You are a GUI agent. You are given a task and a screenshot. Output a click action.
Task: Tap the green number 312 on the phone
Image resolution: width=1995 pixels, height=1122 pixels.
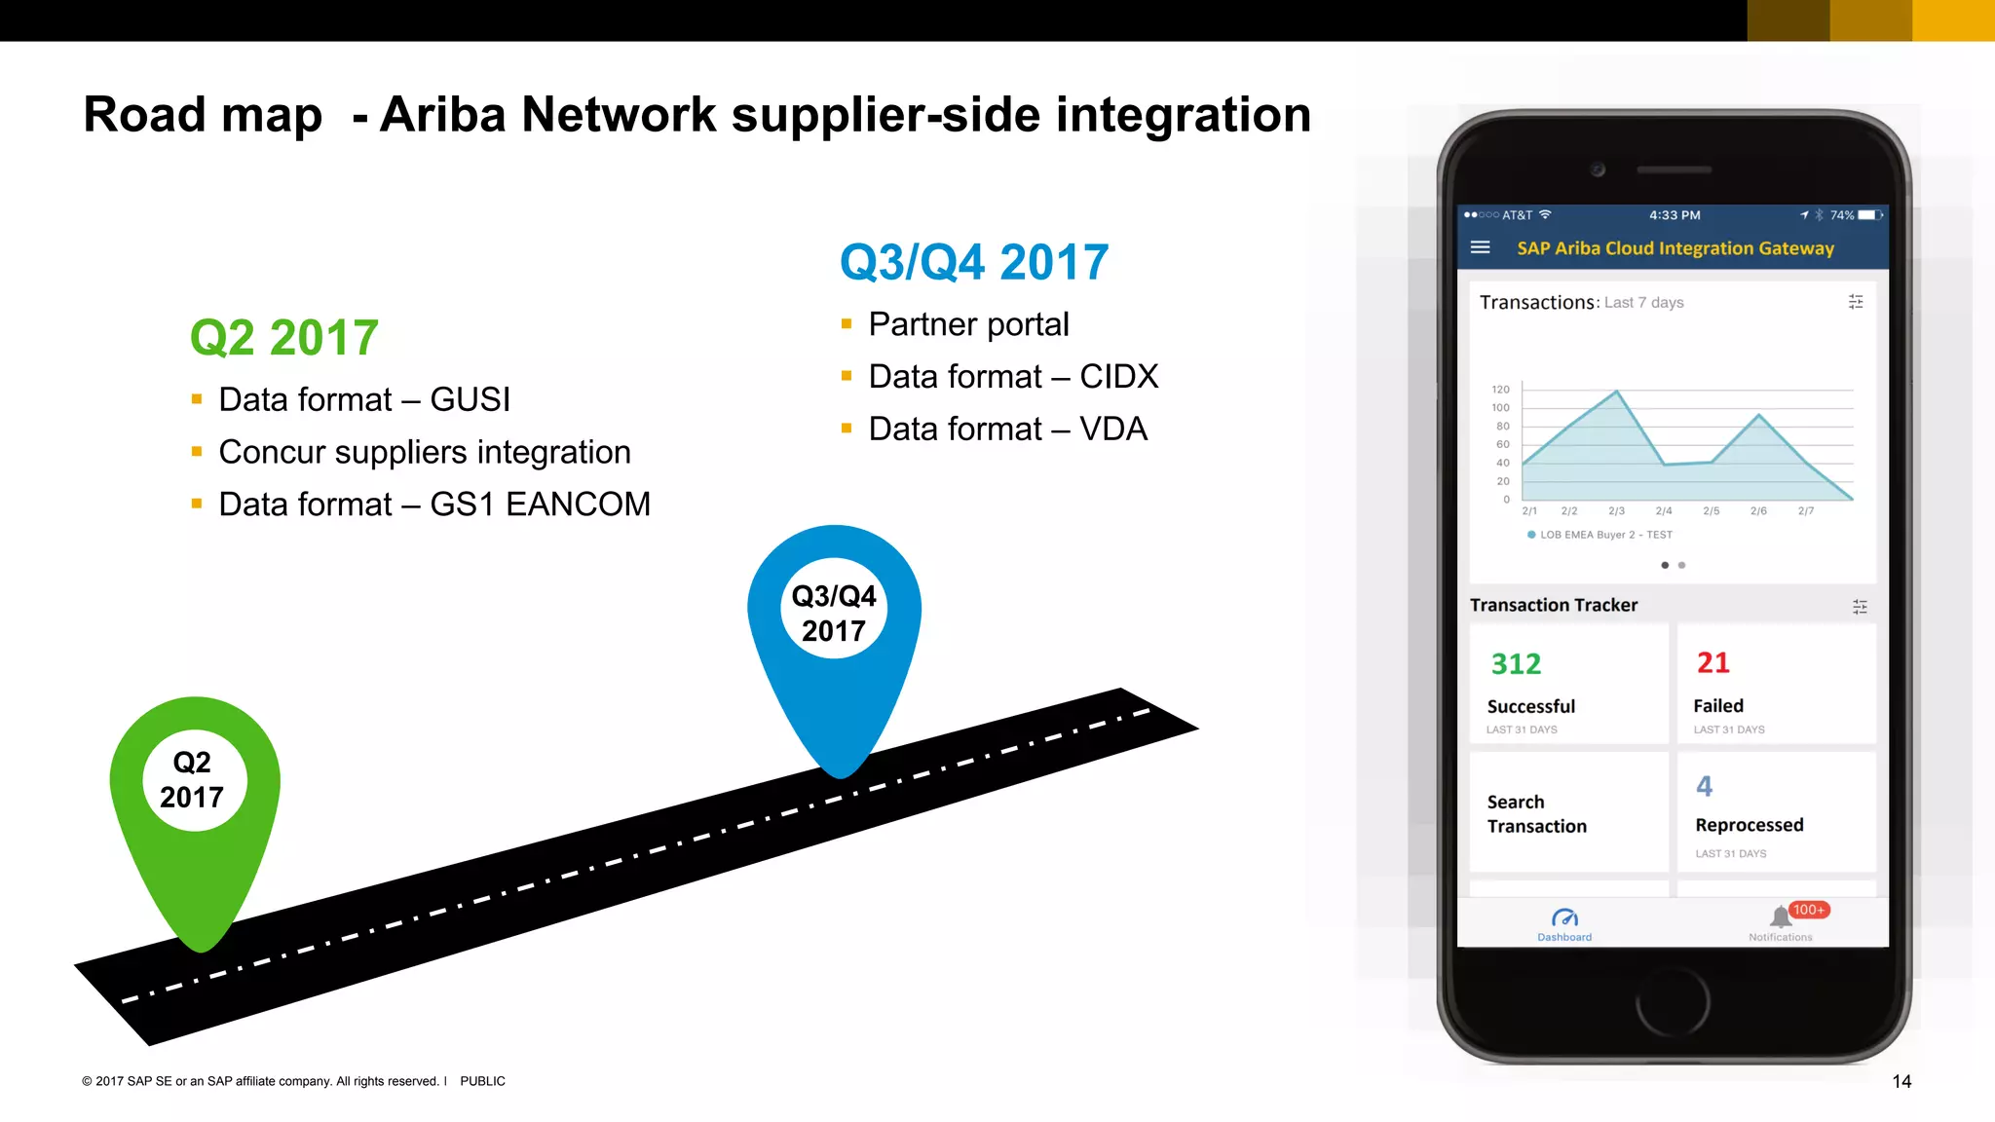(1516, 664)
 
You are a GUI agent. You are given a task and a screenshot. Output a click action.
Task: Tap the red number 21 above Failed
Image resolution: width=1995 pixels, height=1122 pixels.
(1713, 663)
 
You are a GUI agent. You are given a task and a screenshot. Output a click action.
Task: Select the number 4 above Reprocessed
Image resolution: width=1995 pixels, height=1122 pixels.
(1704, 786)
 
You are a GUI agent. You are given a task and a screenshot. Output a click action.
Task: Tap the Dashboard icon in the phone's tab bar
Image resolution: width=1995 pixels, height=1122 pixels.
(1564, 918)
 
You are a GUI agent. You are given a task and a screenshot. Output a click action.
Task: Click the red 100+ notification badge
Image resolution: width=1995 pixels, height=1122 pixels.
(1809, 910)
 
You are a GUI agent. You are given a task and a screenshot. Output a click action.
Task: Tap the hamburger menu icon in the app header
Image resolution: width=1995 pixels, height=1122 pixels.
(1480, 247)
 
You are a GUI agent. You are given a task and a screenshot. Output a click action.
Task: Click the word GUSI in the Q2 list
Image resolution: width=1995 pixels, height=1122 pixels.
(470, 399)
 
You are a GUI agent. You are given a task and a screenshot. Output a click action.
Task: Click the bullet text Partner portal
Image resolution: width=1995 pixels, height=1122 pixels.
(968, 324)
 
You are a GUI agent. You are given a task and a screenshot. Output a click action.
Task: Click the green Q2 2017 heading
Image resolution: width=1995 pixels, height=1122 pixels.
(283, 338)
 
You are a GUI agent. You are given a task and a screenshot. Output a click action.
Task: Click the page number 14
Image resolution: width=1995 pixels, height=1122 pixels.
(1901, 1081)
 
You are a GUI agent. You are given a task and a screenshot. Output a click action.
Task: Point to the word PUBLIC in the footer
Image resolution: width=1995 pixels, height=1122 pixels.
(482, 1081)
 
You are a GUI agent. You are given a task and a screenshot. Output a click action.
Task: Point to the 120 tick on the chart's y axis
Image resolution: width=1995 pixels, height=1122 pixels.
(1500, 390)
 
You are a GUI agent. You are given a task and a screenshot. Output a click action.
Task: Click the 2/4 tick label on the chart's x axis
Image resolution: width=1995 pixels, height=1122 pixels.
(1664, 511)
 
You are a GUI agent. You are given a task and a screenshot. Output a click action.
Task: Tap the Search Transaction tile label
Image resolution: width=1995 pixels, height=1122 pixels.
(1536, 814)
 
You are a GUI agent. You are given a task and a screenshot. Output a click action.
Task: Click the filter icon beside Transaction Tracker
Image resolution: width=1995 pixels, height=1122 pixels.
(1860, 607)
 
